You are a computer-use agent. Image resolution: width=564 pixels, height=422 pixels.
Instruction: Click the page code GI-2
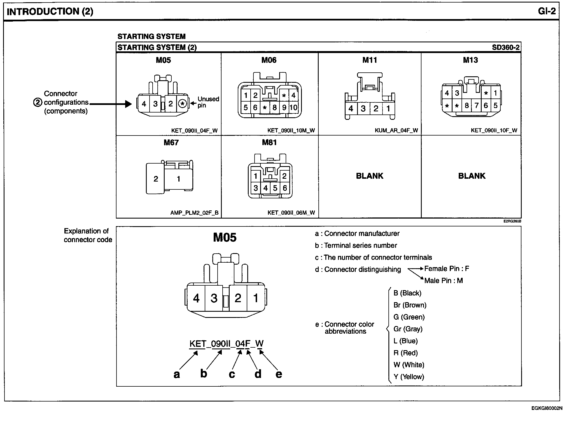(546, 11)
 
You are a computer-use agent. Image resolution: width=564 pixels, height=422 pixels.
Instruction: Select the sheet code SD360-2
(505, 47)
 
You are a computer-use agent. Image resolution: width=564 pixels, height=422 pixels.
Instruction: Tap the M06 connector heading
(269, 60)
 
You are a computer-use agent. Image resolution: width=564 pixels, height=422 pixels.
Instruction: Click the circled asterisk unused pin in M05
(183, 104)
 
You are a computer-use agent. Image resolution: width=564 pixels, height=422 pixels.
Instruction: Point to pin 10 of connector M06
(293, 107)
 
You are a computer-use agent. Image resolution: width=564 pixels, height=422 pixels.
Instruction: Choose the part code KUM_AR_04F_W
(396, 130)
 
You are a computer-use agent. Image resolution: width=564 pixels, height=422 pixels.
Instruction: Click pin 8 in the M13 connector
(467, 105)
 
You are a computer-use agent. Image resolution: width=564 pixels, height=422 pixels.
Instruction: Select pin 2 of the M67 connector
(156, 179)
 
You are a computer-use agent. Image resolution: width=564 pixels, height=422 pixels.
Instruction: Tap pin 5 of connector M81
(275, 188)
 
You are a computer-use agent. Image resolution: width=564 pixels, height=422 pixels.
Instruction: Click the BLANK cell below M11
(369, 176)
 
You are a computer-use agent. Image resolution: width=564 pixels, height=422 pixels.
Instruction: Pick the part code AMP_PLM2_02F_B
(194, 213)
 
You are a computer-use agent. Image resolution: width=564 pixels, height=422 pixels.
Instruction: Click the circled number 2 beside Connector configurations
(38, 102)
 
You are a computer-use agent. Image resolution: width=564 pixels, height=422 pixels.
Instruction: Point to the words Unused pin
(208, 102)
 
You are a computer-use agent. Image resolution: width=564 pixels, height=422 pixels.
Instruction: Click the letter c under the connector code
(232, 374)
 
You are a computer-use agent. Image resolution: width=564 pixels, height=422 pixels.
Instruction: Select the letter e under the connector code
(279, 374)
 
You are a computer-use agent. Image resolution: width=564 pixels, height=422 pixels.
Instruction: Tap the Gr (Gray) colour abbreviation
(408, 329)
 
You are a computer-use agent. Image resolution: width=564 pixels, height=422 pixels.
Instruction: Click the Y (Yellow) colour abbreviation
(409, 377)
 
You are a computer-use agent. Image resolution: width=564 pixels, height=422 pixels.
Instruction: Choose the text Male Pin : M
(443, 281)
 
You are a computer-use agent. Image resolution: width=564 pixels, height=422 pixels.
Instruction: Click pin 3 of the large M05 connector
(214, 298)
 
